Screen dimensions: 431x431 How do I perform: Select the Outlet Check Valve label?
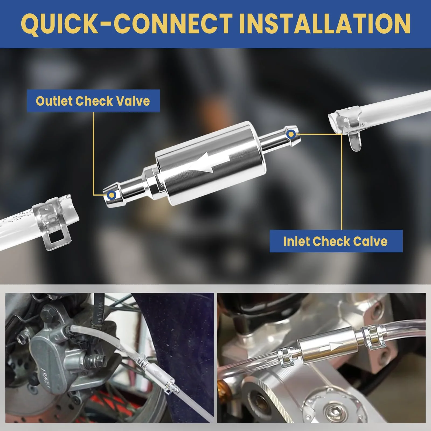(x=93, y=101)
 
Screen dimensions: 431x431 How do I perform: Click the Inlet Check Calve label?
(x=336, y=241)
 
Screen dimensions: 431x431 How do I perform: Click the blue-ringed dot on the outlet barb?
(x=112, y=195)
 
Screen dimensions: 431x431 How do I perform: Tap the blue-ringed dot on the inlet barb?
(x=291, y=134)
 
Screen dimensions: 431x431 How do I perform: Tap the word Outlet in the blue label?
(x=54, y=101)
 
